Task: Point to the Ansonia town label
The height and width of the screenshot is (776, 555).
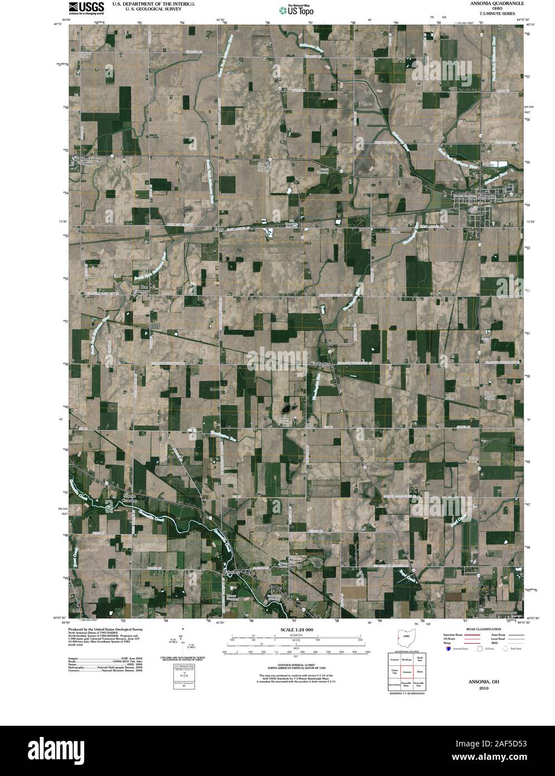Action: coord(488,197)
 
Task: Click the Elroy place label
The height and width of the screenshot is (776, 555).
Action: coord(219,229)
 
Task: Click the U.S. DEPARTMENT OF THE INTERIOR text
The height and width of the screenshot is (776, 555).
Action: coord(153,3)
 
